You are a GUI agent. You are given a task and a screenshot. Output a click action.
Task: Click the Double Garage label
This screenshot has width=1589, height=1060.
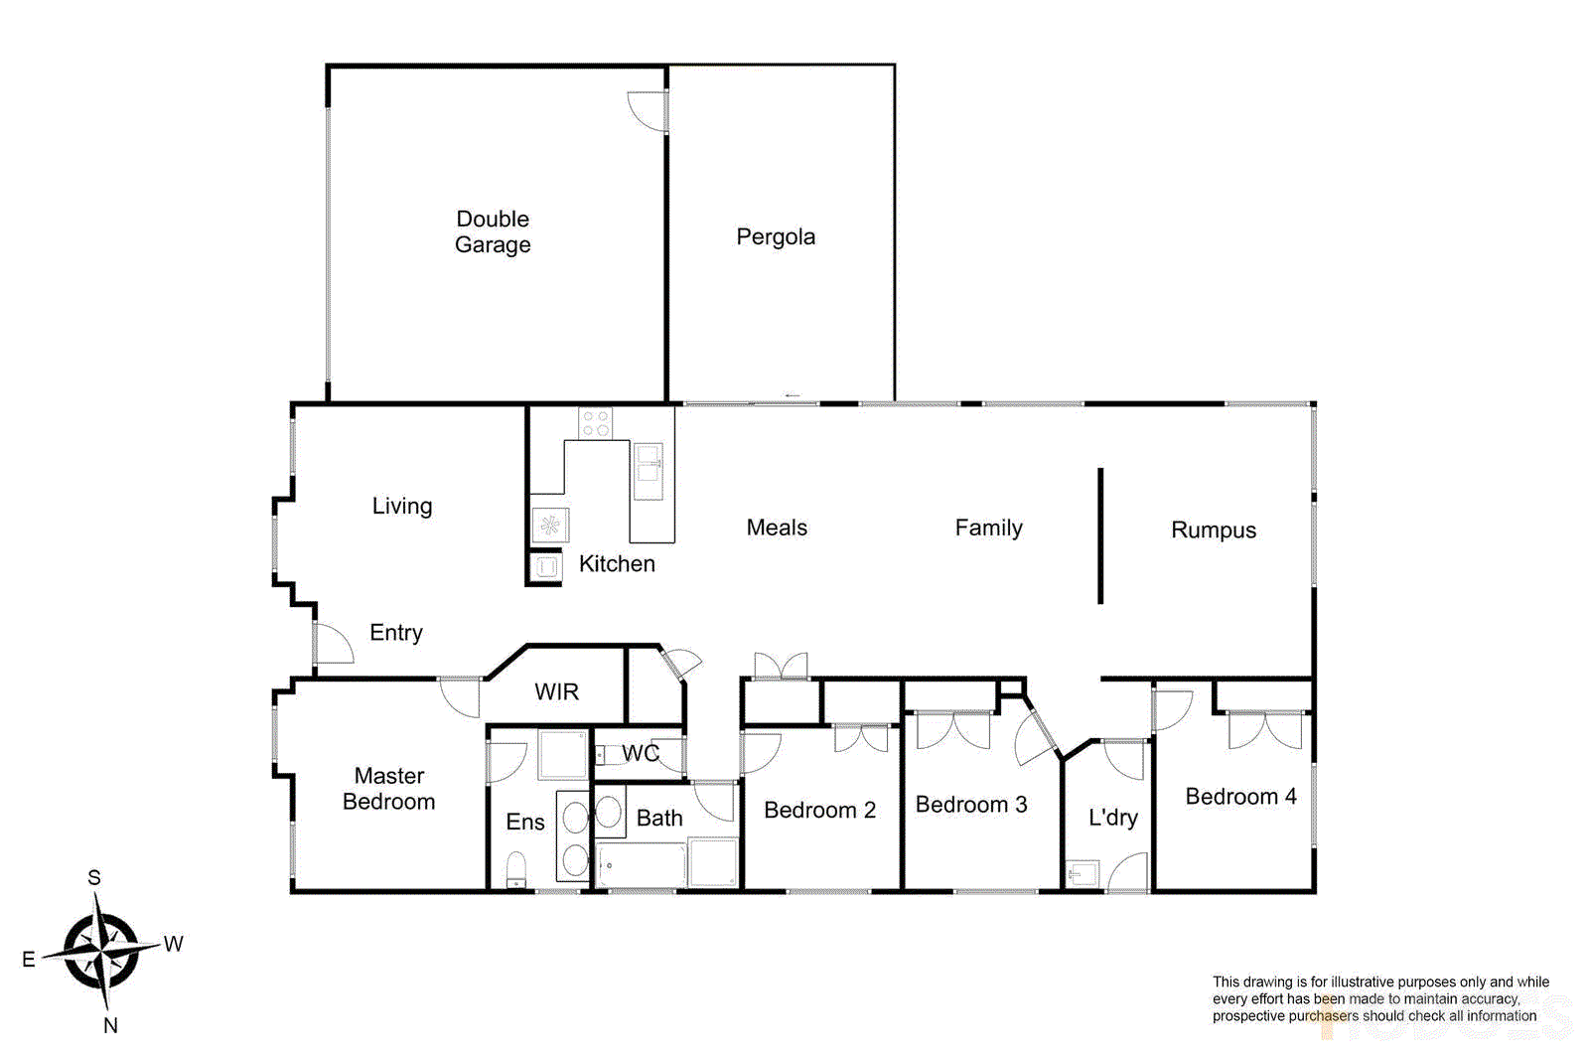[493, 231]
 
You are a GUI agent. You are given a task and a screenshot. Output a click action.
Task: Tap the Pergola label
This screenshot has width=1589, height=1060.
[776, 236]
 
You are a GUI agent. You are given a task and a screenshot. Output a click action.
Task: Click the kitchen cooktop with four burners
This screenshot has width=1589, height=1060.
[596, 423]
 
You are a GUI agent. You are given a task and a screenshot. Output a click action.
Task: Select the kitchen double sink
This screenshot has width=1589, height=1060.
[649, 471]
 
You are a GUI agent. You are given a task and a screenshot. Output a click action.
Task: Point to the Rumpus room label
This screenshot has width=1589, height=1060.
[1214, 530]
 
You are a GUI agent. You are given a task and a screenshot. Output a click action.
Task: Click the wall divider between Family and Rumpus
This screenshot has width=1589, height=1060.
[1100, 535]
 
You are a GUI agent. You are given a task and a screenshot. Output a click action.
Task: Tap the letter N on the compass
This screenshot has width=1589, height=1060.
[110, 1025]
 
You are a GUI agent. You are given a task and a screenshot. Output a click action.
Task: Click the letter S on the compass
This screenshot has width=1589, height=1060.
[94, 877]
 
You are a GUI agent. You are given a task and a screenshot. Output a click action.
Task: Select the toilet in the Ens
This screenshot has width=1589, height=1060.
[516, 869]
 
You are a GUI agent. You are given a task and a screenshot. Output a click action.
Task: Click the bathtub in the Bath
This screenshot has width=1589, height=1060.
[641, 865]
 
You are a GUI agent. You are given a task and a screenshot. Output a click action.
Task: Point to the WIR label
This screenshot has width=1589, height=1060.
[556, 691]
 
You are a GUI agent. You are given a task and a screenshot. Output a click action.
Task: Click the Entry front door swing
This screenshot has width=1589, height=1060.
[334, 644]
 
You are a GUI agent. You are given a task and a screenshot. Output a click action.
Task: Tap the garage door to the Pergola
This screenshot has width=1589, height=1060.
[648, 110]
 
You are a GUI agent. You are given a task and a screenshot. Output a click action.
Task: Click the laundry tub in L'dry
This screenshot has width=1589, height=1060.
[1083, 873]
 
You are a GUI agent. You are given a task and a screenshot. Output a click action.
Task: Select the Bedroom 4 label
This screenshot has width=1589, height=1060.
[1240, 796]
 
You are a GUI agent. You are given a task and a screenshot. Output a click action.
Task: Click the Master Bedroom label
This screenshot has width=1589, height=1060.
[389, 788]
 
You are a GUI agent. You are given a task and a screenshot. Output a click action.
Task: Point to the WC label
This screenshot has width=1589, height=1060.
[641, 753]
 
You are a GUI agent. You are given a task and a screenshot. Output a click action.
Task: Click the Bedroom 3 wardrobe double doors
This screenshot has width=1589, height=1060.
[953, 730]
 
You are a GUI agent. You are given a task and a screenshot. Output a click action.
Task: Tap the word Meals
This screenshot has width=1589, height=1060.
[777, 528]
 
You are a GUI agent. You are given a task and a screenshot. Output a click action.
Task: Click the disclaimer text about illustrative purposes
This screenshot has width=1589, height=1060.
[1379, 998]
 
